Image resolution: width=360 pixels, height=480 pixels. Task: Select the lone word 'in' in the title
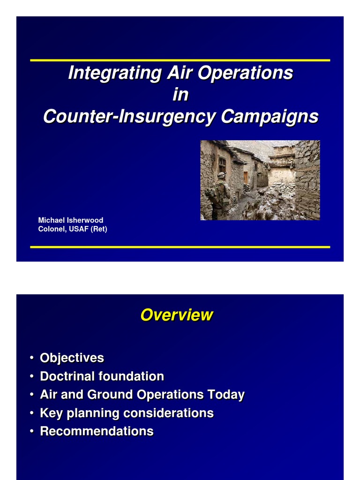pos(180,95)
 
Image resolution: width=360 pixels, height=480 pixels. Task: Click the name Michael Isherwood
pos(70,220)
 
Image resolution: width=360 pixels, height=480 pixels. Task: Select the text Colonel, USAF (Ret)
pos(72,229)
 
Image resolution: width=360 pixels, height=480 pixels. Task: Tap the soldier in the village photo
pos(219,195)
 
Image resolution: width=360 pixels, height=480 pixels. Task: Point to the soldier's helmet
pos(221,175)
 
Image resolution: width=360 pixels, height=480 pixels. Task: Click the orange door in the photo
pos(245,177)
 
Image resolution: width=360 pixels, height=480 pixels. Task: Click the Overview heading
pos(177,315)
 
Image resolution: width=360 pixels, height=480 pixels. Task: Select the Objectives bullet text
pos(72,358)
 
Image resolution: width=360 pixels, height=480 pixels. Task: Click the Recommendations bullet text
pos(97,431)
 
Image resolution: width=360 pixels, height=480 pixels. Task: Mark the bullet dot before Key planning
pos(31,413)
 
